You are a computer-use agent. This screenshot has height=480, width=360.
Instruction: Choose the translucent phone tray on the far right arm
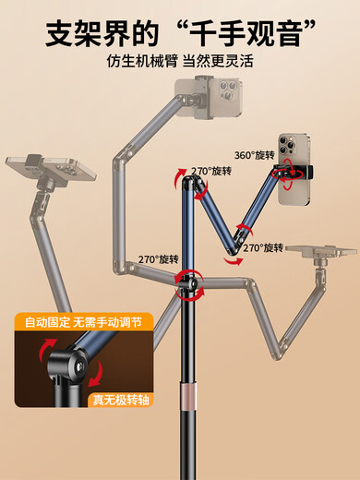[320, 250]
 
